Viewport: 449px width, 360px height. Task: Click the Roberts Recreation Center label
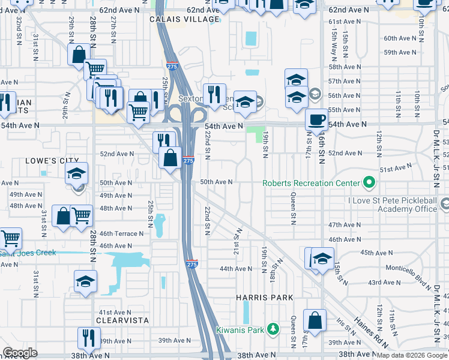tap(310, 183)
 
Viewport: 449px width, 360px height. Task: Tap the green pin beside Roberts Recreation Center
tap(368, 182)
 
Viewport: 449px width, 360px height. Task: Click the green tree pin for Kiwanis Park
tap(273, 329)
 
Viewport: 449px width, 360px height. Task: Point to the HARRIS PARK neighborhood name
tap(265, 298)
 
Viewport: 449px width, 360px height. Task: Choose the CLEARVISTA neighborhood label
tap(124, 320)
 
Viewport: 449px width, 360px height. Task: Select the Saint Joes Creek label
tap(28, 253)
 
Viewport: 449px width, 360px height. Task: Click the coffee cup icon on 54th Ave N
tap(316, 119)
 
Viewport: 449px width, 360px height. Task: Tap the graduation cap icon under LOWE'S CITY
tap(76, 173)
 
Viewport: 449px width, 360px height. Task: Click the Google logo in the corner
tap(20, 353)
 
